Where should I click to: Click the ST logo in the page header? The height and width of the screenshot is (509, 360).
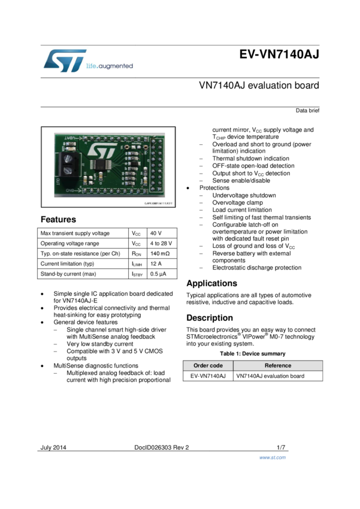tap(65, 60)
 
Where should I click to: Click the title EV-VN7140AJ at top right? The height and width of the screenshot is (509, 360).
tap(279, 54)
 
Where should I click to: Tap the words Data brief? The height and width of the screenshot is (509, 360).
tap(307, 111)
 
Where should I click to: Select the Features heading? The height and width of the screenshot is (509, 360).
tap(59, 219)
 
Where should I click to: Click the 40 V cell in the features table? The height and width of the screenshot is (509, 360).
tap(156, 233)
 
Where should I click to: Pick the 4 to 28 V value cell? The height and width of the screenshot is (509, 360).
tap(161, 244)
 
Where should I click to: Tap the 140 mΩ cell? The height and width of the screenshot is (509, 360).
tap(160, 253)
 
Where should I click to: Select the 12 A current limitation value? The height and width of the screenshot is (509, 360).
tap(156, 263)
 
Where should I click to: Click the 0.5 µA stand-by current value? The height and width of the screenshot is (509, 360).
tap(158, 274)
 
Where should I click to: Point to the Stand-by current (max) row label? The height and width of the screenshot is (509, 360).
tap(68, 274)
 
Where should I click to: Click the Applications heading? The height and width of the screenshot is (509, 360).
tap(211, 283)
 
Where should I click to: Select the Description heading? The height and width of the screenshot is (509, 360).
tap(210, 318)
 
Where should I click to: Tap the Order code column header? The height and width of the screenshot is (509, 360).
tap(208, 365)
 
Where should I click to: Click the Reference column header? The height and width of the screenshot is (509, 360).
tap(278, 365)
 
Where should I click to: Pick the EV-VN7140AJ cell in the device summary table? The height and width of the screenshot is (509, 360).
tap(208, 376)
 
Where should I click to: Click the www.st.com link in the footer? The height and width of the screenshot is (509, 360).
tap(273, 458)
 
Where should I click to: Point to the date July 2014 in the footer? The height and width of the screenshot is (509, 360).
tap(53, 448)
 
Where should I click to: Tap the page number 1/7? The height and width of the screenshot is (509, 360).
tap(281, 448)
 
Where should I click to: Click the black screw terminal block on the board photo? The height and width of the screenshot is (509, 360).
tap(68, 164)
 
